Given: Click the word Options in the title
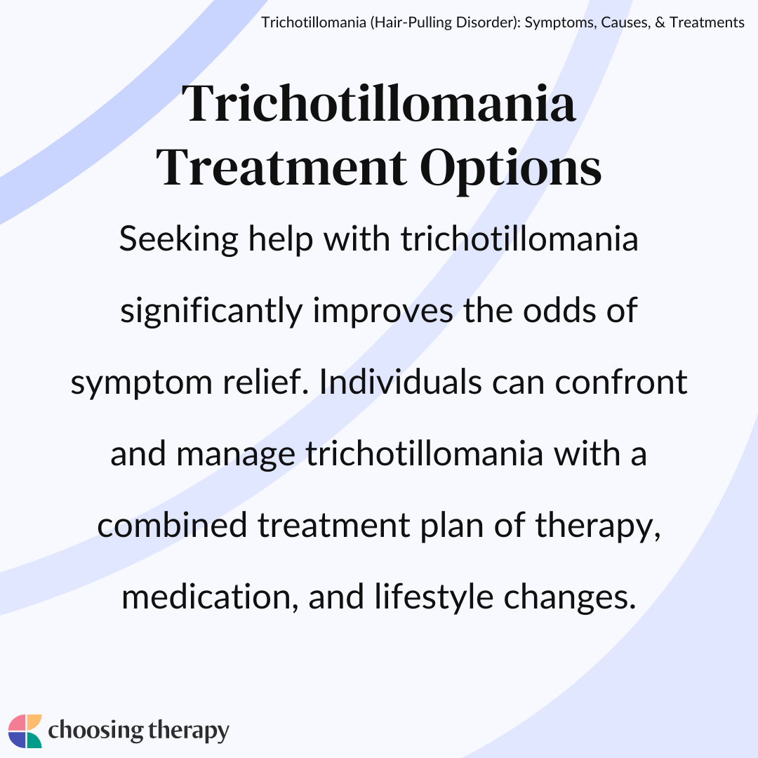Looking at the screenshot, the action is click(510, 169).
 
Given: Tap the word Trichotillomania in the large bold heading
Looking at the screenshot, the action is click(378, 103).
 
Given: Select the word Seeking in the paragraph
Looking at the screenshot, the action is click(179, 240).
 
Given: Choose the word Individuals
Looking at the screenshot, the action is click(400, 382).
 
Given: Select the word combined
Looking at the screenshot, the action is click(172, 525).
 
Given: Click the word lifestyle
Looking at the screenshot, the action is click(434, 598).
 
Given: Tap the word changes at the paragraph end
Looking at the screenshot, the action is click(569, 598).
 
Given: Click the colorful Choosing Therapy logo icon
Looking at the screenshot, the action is click(25, 731).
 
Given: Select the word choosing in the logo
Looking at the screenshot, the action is click(95, 731).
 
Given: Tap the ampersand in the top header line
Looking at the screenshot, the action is click(660, 22).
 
